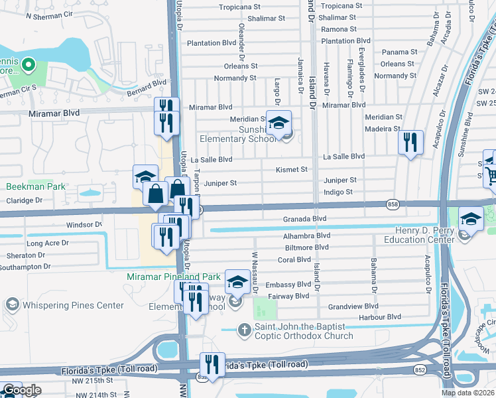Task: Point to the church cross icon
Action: (244, 330)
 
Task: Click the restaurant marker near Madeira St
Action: (410, 141)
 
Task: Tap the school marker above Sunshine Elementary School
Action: (279, 121)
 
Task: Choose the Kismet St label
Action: (292, 169)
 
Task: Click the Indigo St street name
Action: (338, 192)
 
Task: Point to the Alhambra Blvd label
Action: (306, 235)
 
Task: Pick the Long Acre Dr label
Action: (47, 243)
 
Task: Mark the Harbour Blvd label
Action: (347, 318)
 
